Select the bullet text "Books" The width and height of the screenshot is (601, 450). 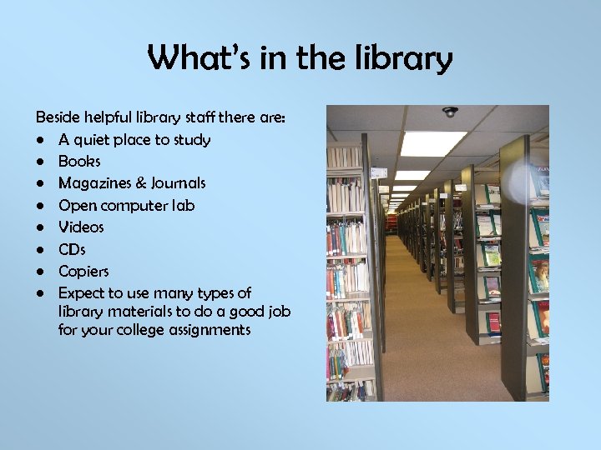79,162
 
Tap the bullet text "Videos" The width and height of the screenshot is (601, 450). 81,227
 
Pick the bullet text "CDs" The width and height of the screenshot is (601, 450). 72,249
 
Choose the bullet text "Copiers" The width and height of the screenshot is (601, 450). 83,271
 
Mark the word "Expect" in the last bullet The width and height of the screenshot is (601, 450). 82,292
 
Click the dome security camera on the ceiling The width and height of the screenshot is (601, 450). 451,112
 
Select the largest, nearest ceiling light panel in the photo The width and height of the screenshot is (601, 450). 432,143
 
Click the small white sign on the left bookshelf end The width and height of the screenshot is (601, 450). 379,172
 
